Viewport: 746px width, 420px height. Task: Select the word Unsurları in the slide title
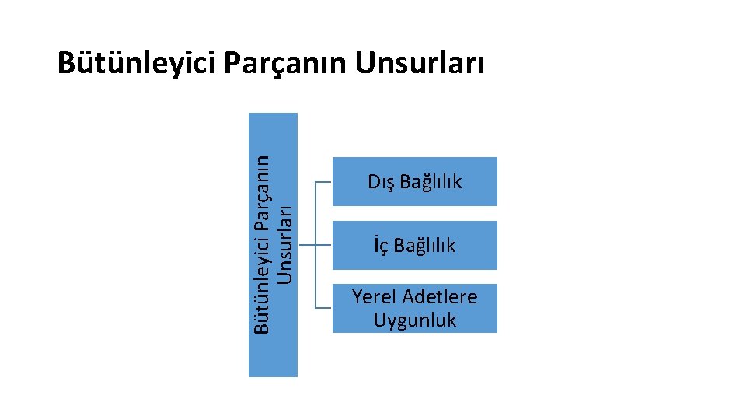[x=420, y=64]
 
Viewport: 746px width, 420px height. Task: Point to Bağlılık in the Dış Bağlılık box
[x=430, y=182]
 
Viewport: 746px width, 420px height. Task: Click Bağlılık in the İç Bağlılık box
[x=424, y=246]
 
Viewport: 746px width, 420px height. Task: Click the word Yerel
[x=376, y=296]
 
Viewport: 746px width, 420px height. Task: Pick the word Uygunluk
[x=414, y=320]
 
